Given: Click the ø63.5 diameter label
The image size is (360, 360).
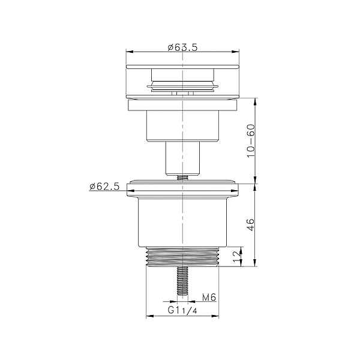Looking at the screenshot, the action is (x=182, y=47).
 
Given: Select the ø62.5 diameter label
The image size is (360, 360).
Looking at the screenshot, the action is (x=104, y=187).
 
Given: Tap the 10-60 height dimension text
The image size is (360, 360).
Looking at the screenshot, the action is (x=251, y=141).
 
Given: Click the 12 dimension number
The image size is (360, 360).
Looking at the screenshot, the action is (x=237, y=256).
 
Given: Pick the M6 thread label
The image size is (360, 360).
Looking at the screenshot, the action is (x=209, y=298).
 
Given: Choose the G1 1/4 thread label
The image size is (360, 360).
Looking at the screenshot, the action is (x=182, y=310).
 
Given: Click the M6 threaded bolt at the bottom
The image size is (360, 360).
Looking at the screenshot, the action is (x=182, y=281).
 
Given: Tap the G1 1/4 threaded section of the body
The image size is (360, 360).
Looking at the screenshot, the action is (x=182, y=257).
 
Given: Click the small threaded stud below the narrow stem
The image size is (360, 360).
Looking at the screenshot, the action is (x=182, y=178).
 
